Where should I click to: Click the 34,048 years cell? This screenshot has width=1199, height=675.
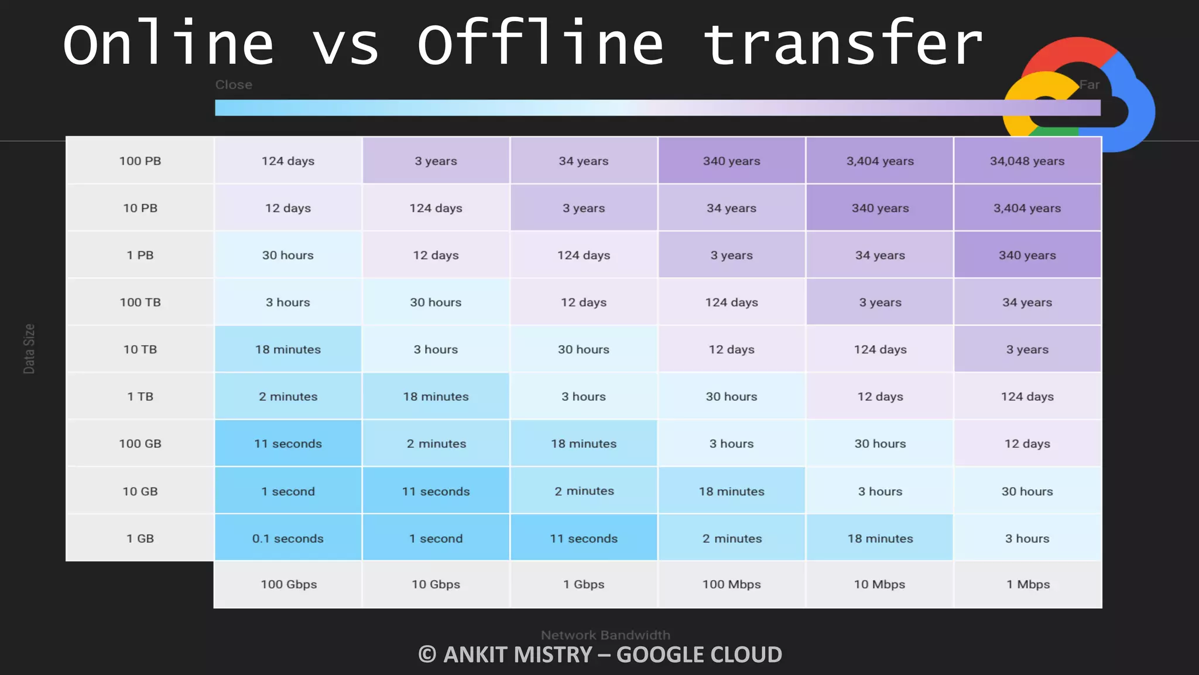coord(1027,161)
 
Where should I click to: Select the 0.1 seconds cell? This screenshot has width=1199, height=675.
coord(287,538)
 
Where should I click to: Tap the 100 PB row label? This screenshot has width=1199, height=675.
coord(140,161)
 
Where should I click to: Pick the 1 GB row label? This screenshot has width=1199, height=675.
coord(140,538)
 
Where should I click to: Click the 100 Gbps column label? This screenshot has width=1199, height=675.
coord(289,584)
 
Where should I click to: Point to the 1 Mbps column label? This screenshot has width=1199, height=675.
coord(1027,584)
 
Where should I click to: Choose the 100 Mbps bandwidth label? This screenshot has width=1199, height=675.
coord(731,584)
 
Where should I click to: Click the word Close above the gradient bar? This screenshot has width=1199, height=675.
coord(234,85)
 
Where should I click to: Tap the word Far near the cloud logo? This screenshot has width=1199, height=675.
coord(1089,85)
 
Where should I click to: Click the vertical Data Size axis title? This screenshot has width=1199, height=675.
coord(29,349)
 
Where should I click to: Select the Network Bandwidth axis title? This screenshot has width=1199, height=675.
coord(605,635)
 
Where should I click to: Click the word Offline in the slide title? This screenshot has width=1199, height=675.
coord(540,44)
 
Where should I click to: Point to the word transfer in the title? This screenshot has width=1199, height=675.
coord(842,44)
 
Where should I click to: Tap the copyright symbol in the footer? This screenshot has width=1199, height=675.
coord(427,654)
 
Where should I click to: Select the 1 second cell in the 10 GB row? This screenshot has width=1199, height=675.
coord(287,491)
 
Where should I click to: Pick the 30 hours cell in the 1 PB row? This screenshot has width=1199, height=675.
coord(287,255)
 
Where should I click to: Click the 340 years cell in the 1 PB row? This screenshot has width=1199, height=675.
coord(1027,255)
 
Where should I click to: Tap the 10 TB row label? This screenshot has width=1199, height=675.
coord(140,349)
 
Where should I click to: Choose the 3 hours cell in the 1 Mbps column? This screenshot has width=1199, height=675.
coord(1027,538)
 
